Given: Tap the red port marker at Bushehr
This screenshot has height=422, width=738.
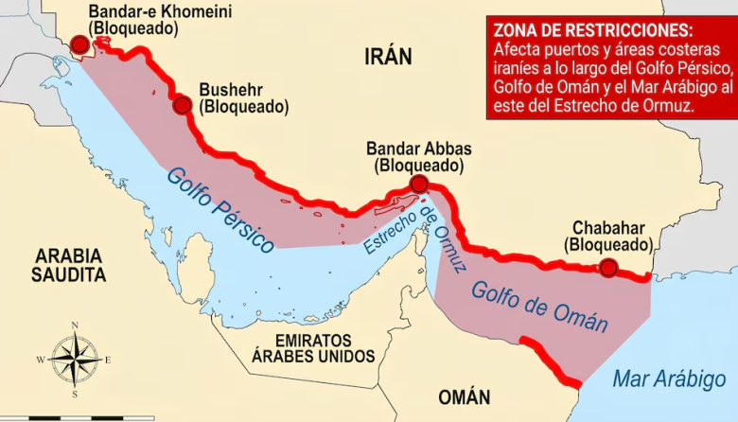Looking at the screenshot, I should point(183,105).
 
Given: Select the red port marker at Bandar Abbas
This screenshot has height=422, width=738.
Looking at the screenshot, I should point(419,185).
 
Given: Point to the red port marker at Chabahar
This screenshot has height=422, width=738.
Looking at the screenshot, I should point(609,268).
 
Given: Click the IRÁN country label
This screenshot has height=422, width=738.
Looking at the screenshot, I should point(388,57).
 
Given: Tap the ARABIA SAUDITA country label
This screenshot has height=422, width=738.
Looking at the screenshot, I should point(68,265).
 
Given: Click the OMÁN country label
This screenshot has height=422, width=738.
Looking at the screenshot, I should point(464,396).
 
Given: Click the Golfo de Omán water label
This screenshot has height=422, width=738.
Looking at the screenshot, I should point(540,306).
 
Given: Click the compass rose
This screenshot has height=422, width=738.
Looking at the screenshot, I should point(75,360).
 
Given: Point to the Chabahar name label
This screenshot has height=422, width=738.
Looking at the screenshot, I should point(608,228).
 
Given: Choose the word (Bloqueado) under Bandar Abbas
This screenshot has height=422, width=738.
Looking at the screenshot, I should point(419,166).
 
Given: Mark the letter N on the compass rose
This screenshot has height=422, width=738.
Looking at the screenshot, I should point(75,327).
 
